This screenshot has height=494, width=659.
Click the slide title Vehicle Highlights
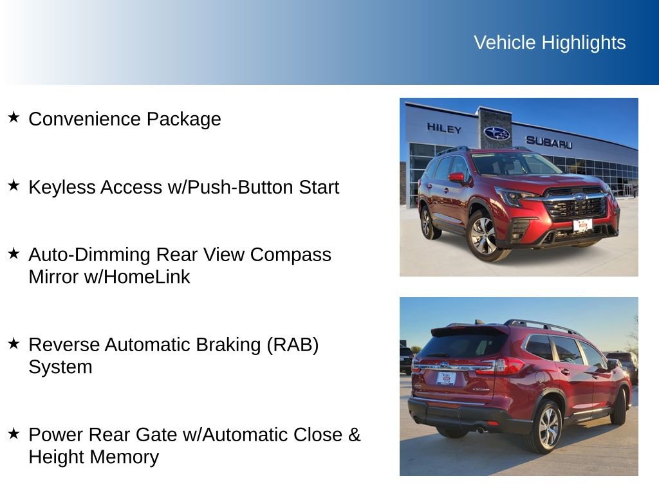point(550,42)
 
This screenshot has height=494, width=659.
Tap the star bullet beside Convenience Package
point(14,117)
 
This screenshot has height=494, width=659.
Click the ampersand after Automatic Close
point(354,435)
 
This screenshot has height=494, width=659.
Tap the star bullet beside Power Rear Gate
point(14,433)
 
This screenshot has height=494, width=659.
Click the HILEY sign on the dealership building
point(444,129)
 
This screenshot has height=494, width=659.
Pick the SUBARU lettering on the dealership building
point(548,142)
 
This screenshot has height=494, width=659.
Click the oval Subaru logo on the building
point(496,133)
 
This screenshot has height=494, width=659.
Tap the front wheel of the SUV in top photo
point(484,235)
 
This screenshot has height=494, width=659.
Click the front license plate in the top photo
point(582,225)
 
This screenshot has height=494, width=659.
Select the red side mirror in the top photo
point(456,177)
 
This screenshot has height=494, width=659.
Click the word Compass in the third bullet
point(290,255)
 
